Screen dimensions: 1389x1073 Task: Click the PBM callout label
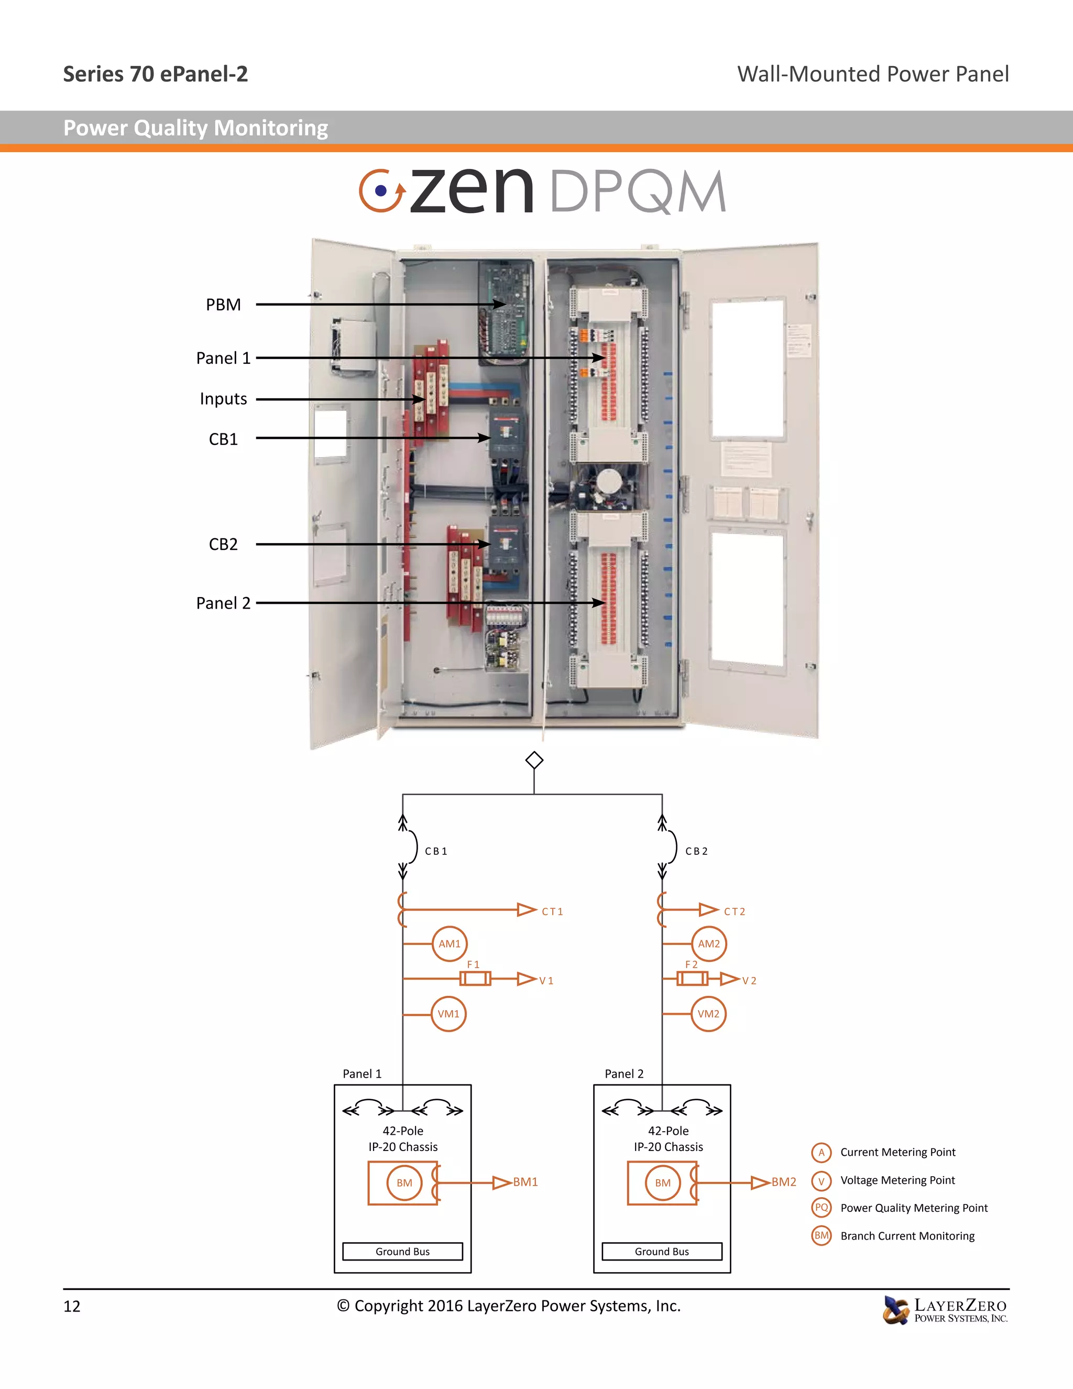click(223, 305)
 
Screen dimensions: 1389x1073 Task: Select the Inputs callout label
click(223, 399)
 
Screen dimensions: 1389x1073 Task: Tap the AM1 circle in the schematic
click(450, 944)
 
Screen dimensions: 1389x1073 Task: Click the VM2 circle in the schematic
click(708, 1014)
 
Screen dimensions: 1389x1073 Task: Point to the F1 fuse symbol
click(475, 978)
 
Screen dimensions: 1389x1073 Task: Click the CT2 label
click(734, 911)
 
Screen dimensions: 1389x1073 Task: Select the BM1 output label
click(525, 1181)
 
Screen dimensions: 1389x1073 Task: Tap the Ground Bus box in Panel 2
click(662, 1251)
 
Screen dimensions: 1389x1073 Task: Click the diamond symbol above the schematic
click(534, 760)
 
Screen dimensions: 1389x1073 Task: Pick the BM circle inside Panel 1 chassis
click(404, 1183)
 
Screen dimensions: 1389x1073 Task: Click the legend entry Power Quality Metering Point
click(913, 1208)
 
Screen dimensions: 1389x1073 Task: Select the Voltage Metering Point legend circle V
click(822, 1180)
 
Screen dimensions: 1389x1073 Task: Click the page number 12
click(72, 1306)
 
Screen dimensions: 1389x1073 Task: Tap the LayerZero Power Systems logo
click(945, 1311)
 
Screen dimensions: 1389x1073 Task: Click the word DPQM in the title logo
click(638, 191)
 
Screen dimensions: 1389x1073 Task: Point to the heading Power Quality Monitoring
click(196, 128)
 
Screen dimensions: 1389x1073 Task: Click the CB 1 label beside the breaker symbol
click(436, 851)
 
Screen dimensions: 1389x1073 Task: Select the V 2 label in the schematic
click(749, 981)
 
